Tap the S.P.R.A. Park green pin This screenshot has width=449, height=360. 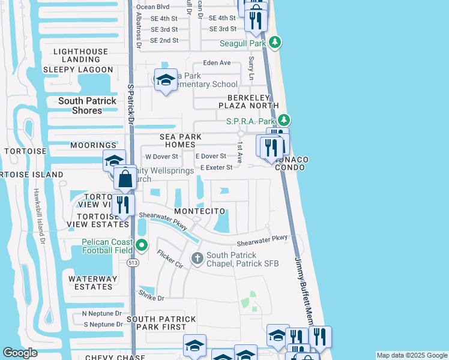(x=285, y=121)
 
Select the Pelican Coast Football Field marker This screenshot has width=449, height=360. (x=142, y=244)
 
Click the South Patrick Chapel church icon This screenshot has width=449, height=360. (x=197, y=259)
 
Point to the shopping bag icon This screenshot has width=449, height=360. (x=125, y=178)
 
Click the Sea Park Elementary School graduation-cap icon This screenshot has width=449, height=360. (x=165, y=80)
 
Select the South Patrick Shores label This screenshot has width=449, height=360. (x=88, y=106)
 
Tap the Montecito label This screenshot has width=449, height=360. (x=200, y=212)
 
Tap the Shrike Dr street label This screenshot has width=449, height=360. (x=151, y=297)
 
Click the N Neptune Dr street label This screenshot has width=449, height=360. (x=102, y=313)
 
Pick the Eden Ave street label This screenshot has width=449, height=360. (x=217, y=62)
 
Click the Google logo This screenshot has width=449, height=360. (x=20, y=353)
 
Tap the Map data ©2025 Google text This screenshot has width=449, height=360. (x=411, y=355)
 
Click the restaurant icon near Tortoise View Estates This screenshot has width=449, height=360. (x=123, y=205)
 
